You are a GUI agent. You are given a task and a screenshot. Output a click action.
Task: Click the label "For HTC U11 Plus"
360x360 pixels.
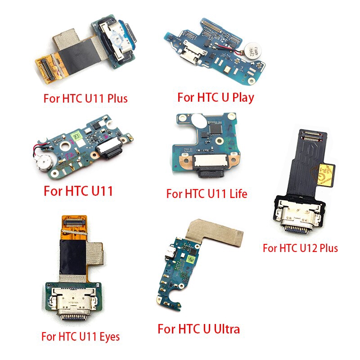85,99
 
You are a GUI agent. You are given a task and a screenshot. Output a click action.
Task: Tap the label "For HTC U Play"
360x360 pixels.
216,97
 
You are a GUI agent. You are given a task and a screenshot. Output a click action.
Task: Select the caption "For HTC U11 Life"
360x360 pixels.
207,193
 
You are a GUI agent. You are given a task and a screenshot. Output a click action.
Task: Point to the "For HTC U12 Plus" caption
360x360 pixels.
300,248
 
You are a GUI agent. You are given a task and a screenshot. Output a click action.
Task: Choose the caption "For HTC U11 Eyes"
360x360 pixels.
81,337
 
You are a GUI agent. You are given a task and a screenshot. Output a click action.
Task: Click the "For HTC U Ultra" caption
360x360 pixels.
198,329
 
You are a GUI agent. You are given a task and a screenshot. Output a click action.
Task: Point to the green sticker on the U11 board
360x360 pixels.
76,136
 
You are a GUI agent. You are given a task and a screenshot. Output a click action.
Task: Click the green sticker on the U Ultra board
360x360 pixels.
191,259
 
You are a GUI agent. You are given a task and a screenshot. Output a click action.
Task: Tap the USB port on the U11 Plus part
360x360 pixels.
118,39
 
